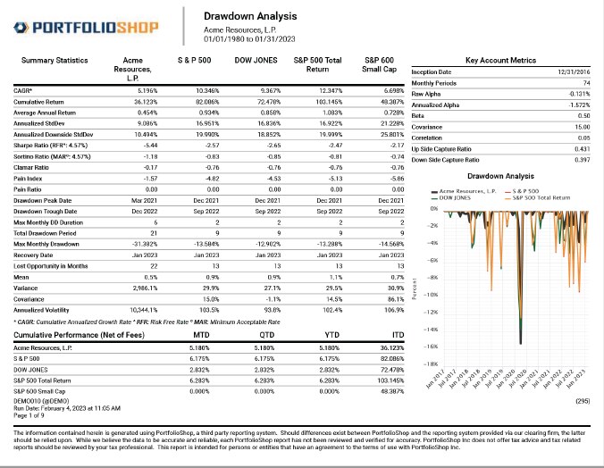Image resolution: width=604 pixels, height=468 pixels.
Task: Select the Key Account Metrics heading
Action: coord(501,60)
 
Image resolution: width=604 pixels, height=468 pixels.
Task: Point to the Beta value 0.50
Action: coord(583,115)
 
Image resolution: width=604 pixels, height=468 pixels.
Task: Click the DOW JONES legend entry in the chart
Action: coord(457,196)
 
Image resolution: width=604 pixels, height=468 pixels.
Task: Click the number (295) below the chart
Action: coord(582,404)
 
